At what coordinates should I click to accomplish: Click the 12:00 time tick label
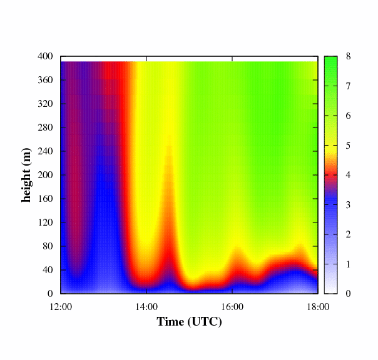click(x=61, y=306)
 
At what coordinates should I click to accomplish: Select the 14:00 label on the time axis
click(x=146, y=306)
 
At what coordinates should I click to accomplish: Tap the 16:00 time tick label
click(x=232, y=306)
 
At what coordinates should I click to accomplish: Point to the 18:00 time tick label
click(x=318, y=306)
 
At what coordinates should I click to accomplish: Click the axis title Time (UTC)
click(x=189, y=322)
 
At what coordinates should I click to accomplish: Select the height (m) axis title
click(x=27, y=175)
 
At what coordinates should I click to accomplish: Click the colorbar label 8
click(x=348, y=56)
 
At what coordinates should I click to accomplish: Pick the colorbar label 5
click(x=348, y=146)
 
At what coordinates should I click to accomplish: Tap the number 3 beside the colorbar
click(x=348, y=204)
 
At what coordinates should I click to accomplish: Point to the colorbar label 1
click(x=348, y=264)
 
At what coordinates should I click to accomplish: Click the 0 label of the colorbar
click(x=348, y=293)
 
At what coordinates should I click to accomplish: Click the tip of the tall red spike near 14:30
click(x=169, y=139)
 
